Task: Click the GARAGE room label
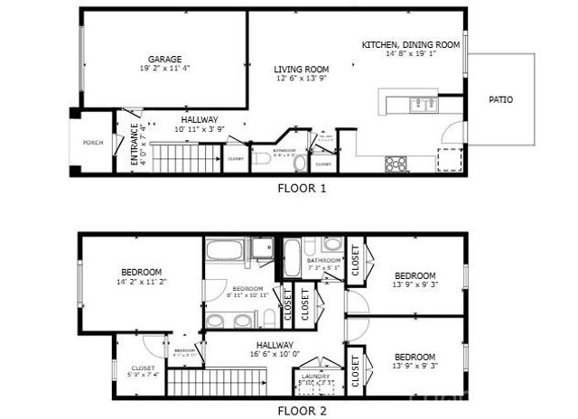click(x=164, y=57)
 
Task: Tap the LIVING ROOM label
click(x=302, y=69)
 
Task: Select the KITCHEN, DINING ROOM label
click(x=411, y=44)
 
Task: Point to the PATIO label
click(x=501, y=99)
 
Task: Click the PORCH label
click(x=92, y=143)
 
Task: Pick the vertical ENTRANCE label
click(x=134, y=144)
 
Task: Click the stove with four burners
click(x=396, y=163)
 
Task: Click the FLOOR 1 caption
click(x=301, y=189)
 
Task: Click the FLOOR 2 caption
click(x=301, y=410)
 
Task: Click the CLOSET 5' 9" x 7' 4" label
click(x=143, y=372)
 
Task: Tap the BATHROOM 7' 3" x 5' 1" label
click(x=323, y=264)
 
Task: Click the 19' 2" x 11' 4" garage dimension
click(x=164, y=68)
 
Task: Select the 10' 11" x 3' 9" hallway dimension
click(x=200, y=129)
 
